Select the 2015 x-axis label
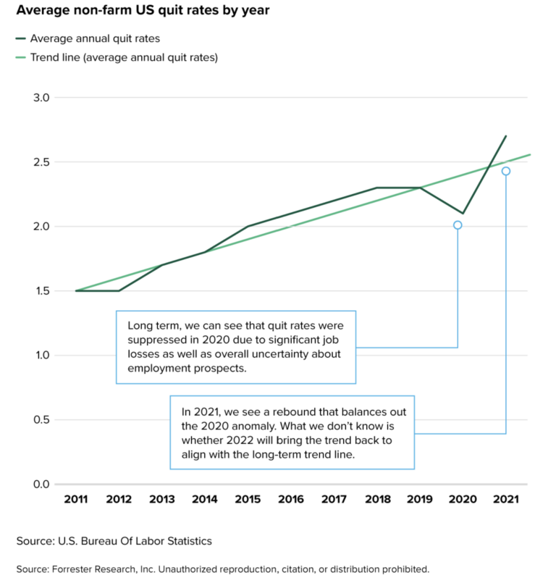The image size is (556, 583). coord(248,499)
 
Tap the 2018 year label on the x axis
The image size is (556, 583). coord(376,499)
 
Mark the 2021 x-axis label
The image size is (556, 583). coord(505,499)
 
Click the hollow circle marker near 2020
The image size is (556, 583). coord(458,225)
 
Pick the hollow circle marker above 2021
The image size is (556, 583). coord(505,171)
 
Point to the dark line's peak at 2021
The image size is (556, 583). coord(505,136)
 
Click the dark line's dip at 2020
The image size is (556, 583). coord(463,214)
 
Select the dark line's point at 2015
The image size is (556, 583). coord(248,227)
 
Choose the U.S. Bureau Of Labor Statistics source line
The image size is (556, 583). coord(114,541)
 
